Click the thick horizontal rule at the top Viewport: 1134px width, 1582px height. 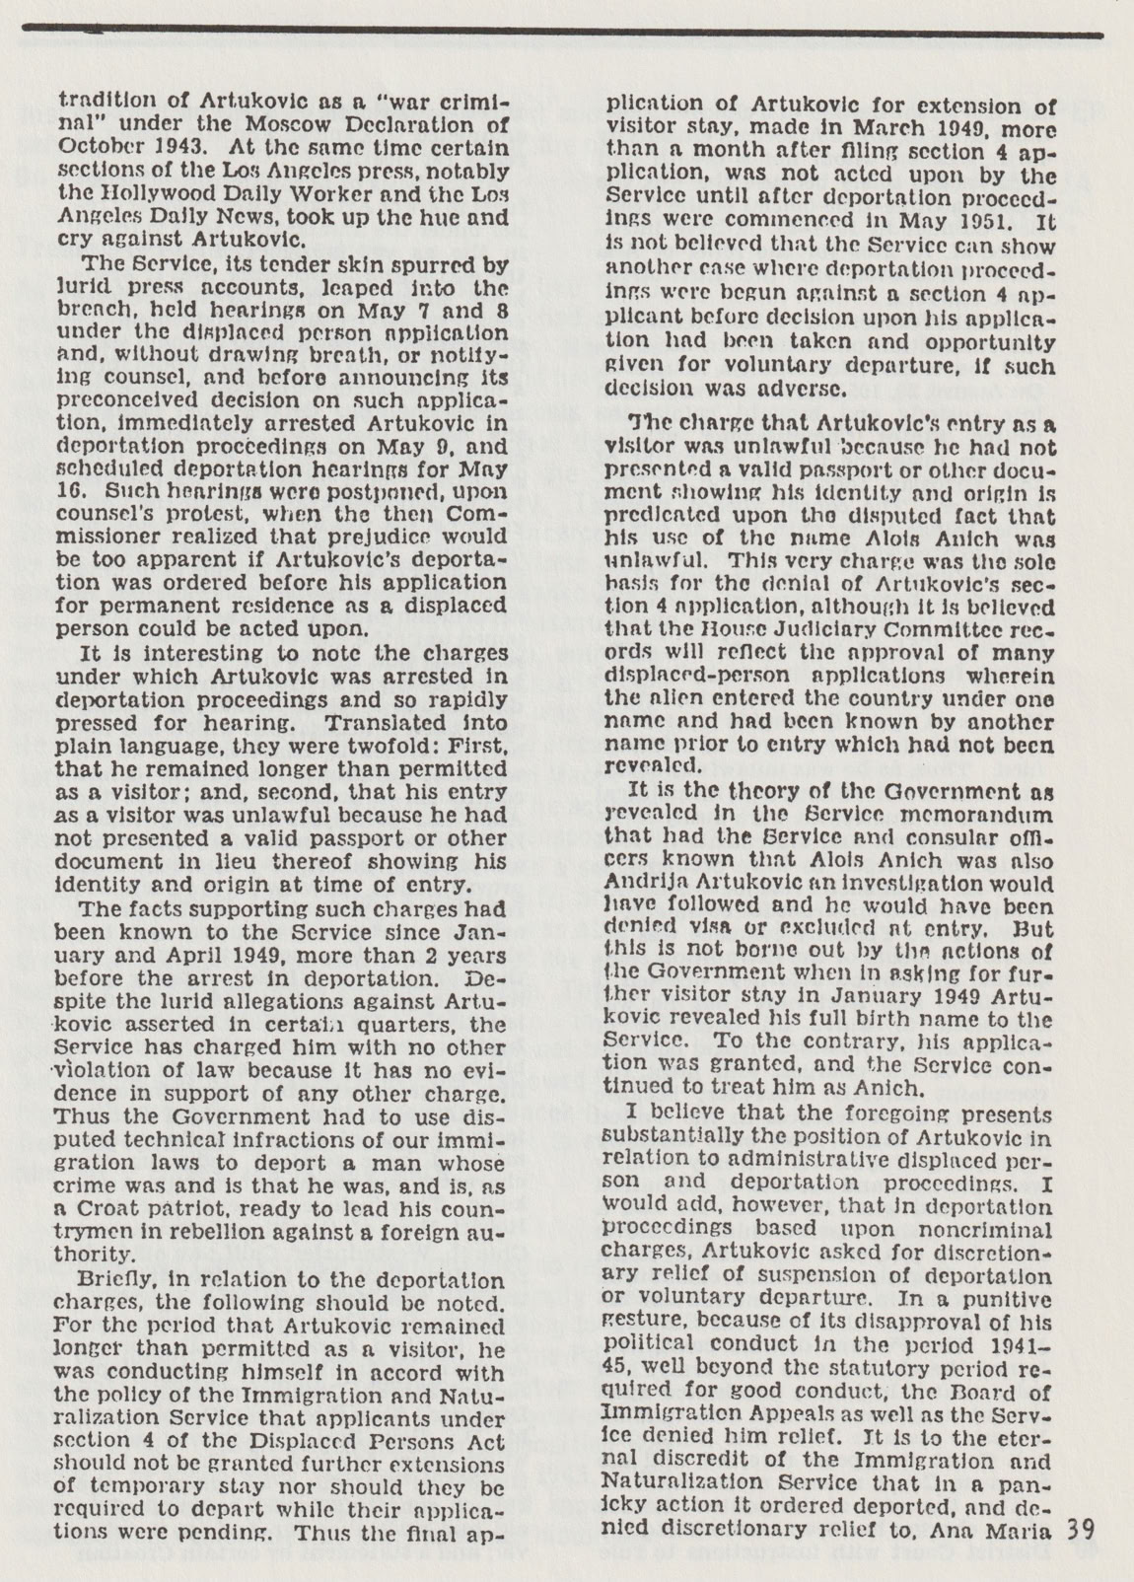coord(567,35)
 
